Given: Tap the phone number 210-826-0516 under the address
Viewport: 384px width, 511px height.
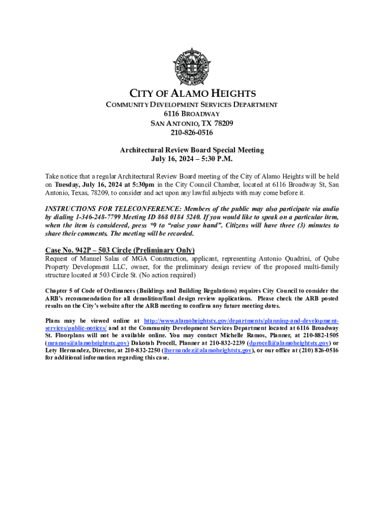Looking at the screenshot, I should [192, 133].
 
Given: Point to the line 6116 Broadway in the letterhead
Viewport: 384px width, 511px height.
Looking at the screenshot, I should [192, 114].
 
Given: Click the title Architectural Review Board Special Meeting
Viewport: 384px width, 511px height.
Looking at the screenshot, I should [192, 150].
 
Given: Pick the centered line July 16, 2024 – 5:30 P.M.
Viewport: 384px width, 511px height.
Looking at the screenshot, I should [192, 159].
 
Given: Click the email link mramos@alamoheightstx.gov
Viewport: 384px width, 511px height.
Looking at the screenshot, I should [87, 343].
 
